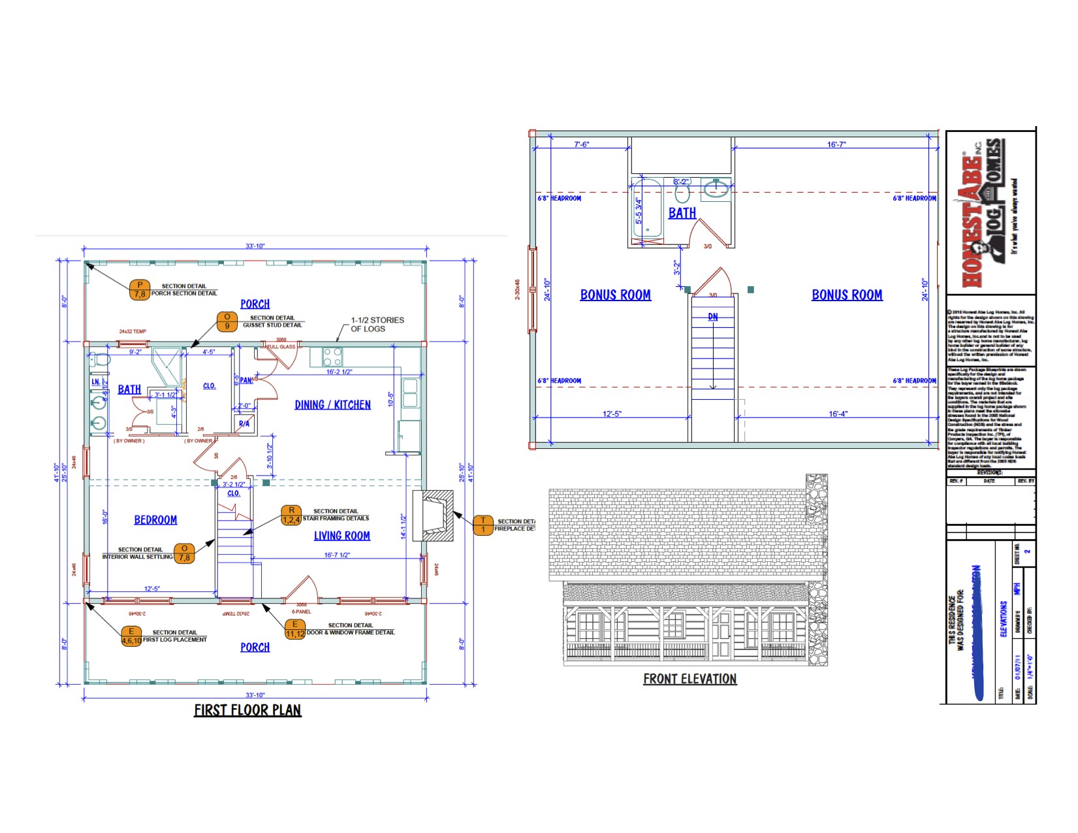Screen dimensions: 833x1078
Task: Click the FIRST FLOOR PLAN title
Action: point(247,710)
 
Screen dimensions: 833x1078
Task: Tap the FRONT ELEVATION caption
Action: point(690,679)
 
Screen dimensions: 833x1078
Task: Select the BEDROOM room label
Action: point(155,520)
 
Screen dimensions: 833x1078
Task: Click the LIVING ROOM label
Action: point(341,536)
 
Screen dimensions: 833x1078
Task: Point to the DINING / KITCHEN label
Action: point(332,405)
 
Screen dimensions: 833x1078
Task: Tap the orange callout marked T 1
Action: point(483,525)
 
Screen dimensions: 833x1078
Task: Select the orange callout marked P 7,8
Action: point(140,290)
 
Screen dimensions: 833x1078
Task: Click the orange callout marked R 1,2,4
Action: point(291,515)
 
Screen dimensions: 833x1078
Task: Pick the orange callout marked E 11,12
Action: point(295,629)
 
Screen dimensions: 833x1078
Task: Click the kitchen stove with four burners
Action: point(332,357)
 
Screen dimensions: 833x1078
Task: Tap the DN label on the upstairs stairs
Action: point(713,317)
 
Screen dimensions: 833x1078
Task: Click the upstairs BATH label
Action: point(682,213)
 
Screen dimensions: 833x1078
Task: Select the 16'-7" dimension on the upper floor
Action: point(836,144)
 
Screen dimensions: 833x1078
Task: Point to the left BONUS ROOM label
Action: point(615,295)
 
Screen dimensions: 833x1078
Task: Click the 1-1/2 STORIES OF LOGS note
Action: point(377,325)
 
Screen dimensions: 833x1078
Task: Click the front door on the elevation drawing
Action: point(721,635)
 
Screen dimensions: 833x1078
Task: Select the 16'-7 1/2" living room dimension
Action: point(337,555)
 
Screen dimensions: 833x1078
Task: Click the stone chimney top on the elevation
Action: point(817,483)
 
